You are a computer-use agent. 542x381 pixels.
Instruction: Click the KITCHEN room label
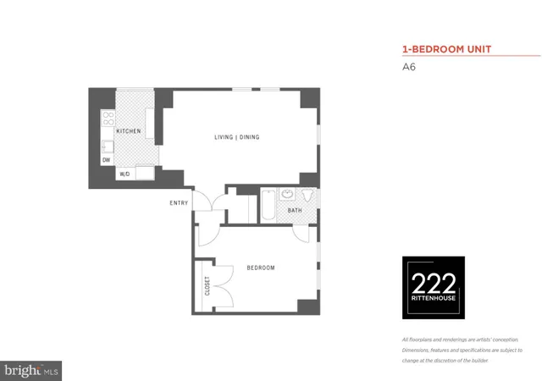128,131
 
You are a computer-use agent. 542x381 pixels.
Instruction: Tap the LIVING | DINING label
236,137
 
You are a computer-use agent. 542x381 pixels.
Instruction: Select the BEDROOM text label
261,268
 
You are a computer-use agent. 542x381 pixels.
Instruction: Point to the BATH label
295,210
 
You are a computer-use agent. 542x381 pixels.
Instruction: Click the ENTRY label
179,202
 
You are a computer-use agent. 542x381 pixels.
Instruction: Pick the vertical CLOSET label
206,286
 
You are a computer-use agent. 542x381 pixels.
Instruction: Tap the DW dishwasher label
107,159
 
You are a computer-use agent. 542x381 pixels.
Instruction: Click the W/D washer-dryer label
124,174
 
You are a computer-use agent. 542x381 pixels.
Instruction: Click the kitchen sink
108,146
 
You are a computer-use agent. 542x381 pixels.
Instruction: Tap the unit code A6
408,70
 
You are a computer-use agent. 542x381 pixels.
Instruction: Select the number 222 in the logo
433,284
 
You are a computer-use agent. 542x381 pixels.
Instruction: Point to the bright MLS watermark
32,370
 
